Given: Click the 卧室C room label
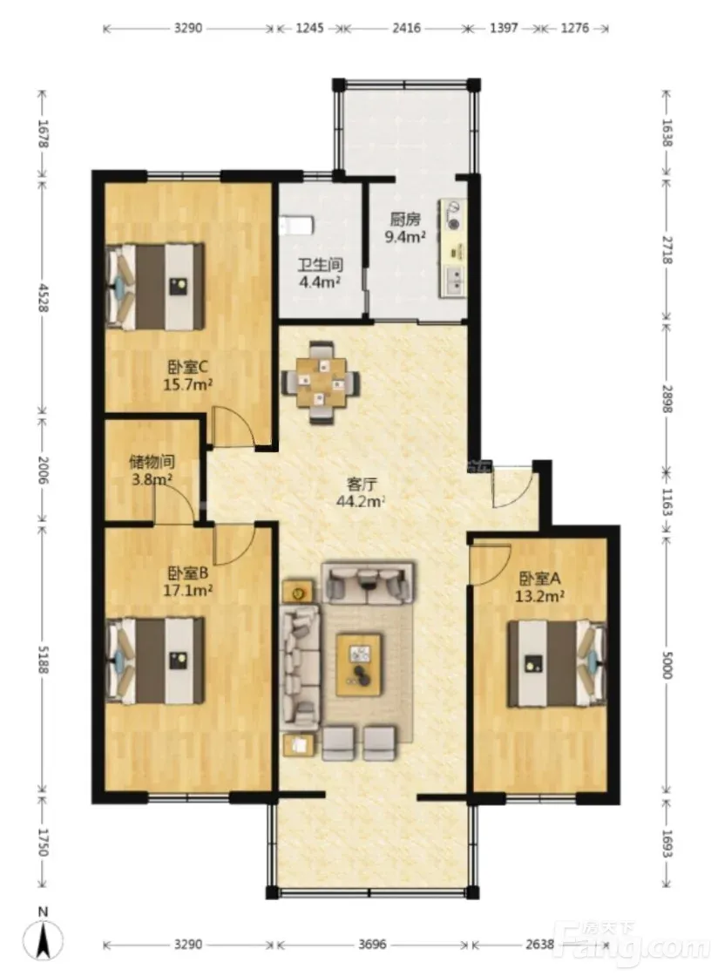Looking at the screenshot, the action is (x=188, y=367).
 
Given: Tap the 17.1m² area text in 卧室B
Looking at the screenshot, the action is (x=188, y=589).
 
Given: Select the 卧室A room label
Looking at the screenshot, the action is (x=539, y=579).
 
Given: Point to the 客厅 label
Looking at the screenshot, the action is (x=361, y=484).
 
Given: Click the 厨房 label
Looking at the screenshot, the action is (x=405, y=219).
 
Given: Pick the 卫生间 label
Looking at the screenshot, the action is (x=320, y=265).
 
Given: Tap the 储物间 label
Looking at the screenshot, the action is (x=152, y=462).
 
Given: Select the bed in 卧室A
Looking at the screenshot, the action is (x=556, y=663).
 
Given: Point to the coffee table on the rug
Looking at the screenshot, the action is (x=359, y=664).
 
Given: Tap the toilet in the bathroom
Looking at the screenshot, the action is (x=295, y=226).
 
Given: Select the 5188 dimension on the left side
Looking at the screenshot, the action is (x=43, y=658).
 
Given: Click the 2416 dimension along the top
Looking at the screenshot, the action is (x=406, y=28).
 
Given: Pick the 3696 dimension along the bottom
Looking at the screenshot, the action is (x=371, y=945).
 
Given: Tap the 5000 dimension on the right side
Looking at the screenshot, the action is (x=667, y=665).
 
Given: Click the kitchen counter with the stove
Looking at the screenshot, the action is (x=453, y=248).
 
